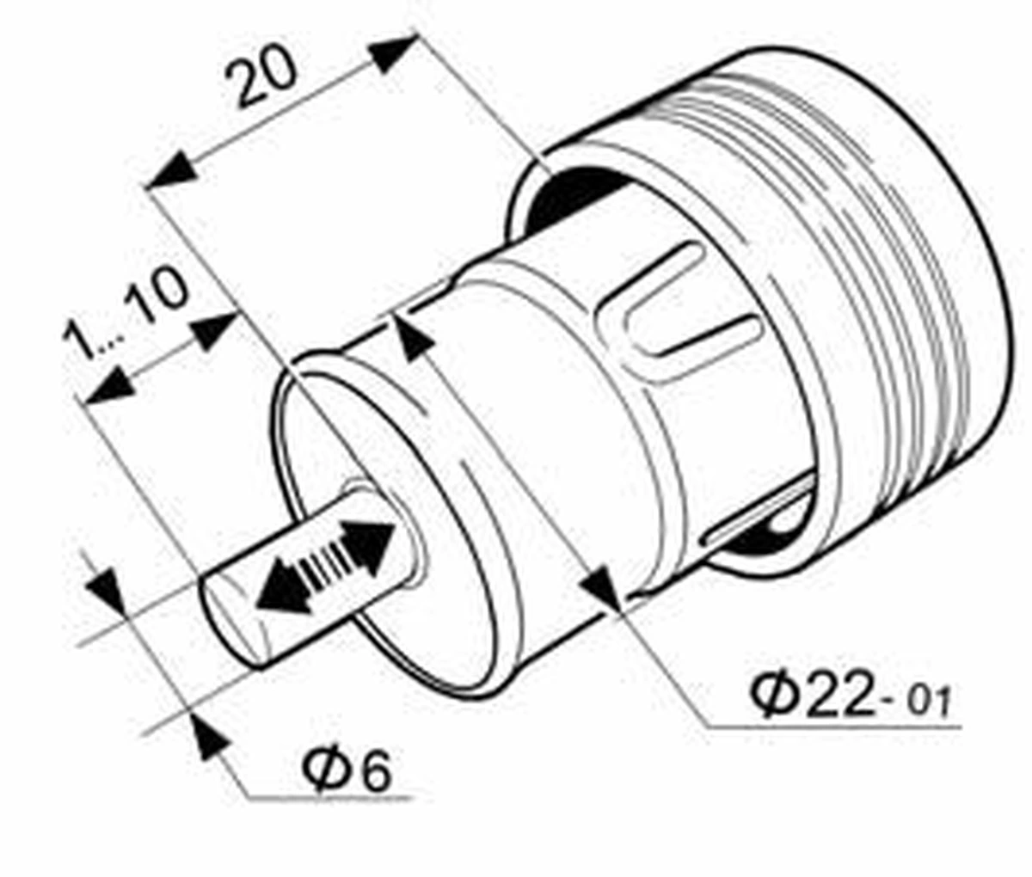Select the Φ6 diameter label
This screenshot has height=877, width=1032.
tap(347, 770)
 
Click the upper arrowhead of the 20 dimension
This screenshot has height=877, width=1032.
tap(392, 52)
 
